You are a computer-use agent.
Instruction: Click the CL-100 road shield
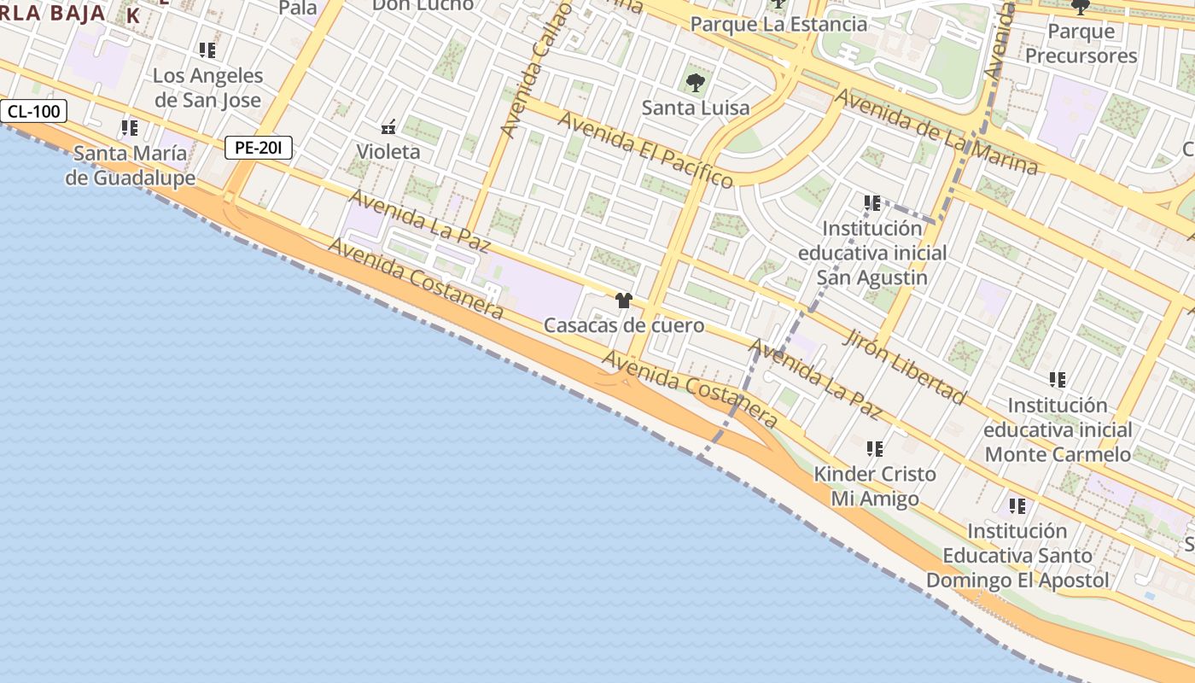coord(34,111)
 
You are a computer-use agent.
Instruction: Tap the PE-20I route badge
coord(259,148)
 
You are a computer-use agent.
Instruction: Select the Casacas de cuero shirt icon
coord(624,301)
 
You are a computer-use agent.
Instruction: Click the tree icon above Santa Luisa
coord(696,83)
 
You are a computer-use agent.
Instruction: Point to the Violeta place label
coord(388,152)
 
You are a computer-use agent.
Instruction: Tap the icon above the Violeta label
coord(388,127)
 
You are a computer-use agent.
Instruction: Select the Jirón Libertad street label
coord(905,366)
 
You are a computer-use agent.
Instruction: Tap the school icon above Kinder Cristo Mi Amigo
coord(874,448)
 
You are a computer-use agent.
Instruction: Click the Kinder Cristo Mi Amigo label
coord(875,486)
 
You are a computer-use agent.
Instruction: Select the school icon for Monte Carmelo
coord(1058,380)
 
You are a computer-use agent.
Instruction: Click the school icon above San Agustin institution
coord(871,203)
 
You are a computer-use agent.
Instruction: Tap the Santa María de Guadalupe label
coord(131,166)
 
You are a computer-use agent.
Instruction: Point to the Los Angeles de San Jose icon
coord(207,50)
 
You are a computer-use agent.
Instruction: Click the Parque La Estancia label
coord(778,24)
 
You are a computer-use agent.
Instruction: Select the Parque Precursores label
coord(1081,44)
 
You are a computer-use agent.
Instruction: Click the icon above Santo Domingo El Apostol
coord(1017,506)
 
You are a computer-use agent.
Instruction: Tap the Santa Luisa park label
coord(696,108)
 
